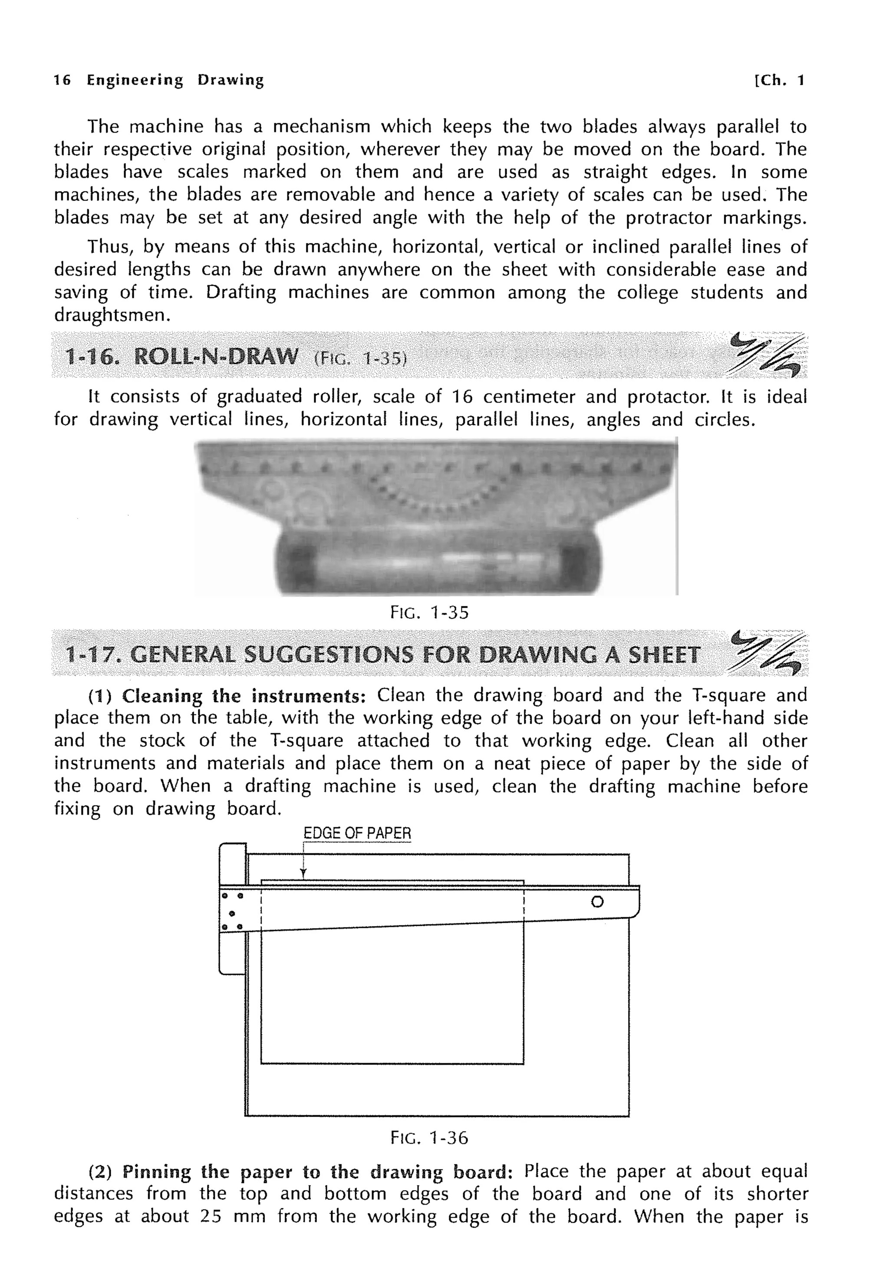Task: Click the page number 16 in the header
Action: (62, 80)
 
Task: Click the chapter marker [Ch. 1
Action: (779, 80)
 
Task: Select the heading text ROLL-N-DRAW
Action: (215, 357)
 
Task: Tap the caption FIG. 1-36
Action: (429, 1137)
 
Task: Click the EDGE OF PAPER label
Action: (357, 833)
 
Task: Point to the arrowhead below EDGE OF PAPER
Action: (303, 873)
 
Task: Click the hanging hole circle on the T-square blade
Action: (597, 902)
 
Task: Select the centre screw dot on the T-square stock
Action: (232, 914)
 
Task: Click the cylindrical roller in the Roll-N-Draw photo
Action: (438, 563)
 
